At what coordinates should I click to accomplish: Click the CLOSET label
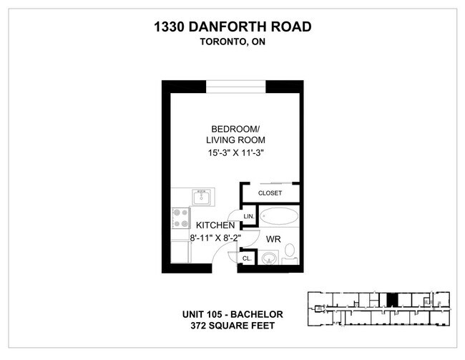click(270, 193)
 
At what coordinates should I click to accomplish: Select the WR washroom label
click(273, 238)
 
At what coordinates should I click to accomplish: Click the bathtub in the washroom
click(280, 215)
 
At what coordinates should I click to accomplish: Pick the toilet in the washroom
click(290, 252)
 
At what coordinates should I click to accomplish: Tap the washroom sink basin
click(269, 258)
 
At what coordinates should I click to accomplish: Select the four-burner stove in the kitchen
click(180, 218)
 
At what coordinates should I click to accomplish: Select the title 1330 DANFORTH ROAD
click(232, 27)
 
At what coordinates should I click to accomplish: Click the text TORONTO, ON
click(232, 42)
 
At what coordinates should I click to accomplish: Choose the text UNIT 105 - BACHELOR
click(233, 314)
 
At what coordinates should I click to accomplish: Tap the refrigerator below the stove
click(180, 251)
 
